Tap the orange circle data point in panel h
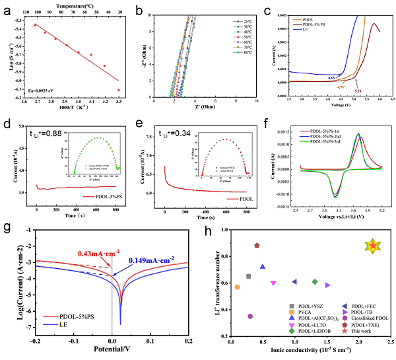237,287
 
